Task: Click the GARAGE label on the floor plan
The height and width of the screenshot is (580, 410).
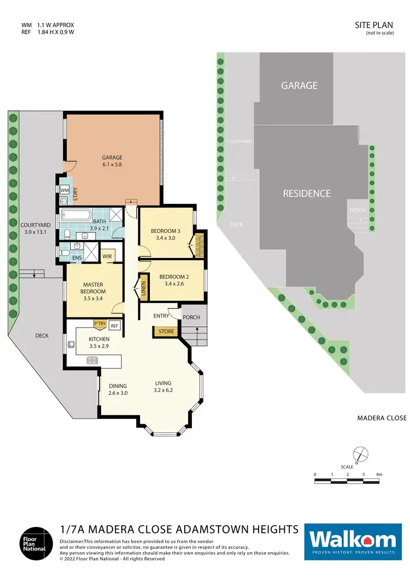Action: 112,157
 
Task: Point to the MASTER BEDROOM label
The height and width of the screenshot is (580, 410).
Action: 93,288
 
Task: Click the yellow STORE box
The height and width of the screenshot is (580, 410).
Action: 166,331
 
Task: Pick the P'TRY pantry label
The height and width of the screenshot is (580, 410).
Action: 100,325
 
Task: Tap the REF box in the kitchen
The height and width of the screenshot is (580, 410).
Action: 114,326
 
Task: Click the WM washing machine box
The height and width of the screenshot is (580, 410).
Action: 64,190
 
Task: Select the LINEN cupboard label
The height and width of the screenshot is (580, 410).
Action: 144,288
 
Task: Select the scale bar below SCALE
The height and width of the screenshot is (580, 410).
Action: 347,481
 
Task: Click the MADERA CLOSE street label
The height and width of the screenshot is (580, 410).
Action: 382,418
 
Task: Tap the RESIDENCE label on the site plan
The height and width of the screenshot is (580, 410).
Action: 307,194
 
